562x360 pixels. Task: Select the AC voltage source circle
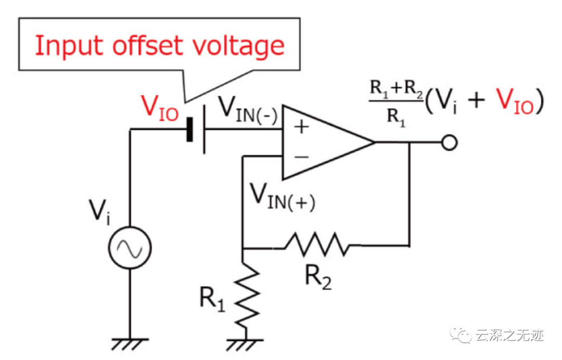pos(130,249)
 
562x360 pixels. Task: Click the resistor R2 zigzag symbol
pos(317,244)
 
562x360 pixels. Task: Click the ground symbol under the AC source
pos(130,344)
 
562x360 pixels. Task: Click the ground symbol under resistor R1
pos(243,344)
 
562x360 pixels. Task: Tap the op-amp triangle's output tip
pos(373,143)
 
